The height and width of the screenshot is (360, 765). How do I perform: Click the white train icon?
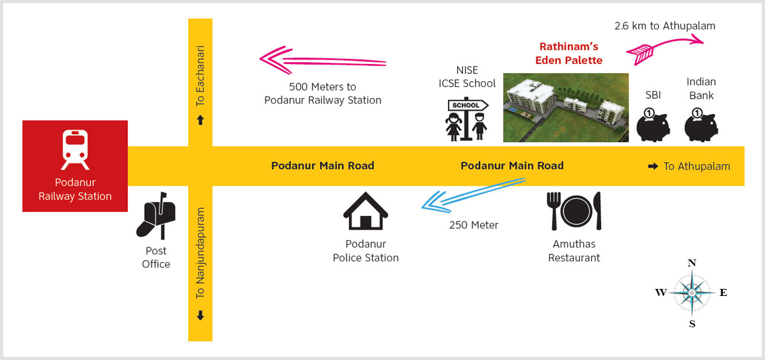(75, 149)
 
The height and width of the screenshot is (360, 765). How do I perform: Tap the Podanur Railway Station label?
(75, 190)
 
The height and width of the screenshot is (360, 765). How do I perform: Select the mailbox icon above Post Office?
(156, 215)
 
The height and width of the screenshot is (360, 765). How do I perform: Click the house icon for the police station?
(366, 211)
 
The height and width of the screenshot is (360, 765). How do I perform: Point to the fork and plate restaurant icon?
(574, 211)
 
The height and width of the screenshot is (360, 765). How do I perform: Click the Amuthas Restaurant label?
(574, 250)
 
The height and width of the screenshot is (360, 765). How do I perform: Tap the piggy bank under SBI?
(653, 124)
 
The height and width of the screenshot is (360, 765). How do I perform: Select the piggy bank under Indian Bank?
(701, 124)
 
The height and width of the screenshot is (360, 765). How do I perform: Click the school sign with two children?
(467, 120)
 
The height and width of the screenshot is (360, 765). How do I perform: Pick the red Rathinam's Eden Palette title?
(568, 54)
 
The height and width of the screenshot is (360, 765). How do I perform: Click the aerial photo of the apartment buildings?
(565, 108)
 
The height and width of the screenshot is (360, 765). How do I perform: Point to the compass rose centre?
(691, 293)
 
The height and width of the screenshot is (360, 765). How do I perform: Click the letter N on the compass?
(691, 263)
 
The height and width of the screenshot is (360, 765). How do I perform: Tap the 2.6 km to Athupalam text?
(665, 26)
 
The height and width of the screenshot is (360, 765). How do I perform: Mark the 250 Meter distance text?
(474, 225)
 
